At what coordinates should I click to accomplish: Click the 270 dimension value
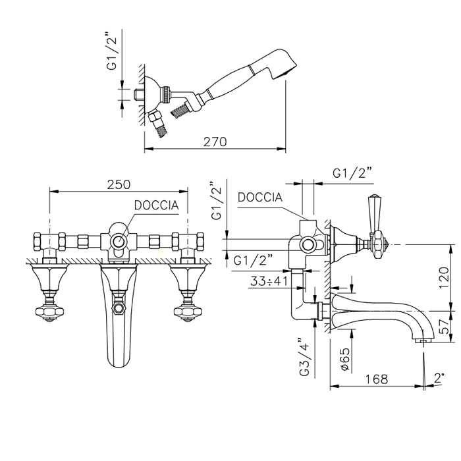tap(215, 142)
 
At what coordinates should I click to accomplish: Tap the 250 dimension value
tap(119, 184)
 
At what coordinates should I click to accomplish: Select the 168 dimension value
tap(377, 379)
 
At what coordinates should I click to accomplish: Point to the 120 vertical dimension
tap(444, 277)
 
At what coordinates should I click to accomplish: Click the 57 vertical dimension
tap(445, 327)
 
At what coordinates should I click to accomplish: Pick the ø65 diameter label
tap(345, 359)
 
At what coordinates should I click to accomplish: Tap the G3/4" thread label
tap(304, 356)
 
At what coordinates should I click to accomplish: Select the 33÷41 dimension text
tap(269, 281)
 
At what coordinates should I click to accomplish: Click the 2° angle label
tap(439, 377)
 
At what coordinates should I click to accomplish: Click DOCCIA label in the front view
tap(156, 205)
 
